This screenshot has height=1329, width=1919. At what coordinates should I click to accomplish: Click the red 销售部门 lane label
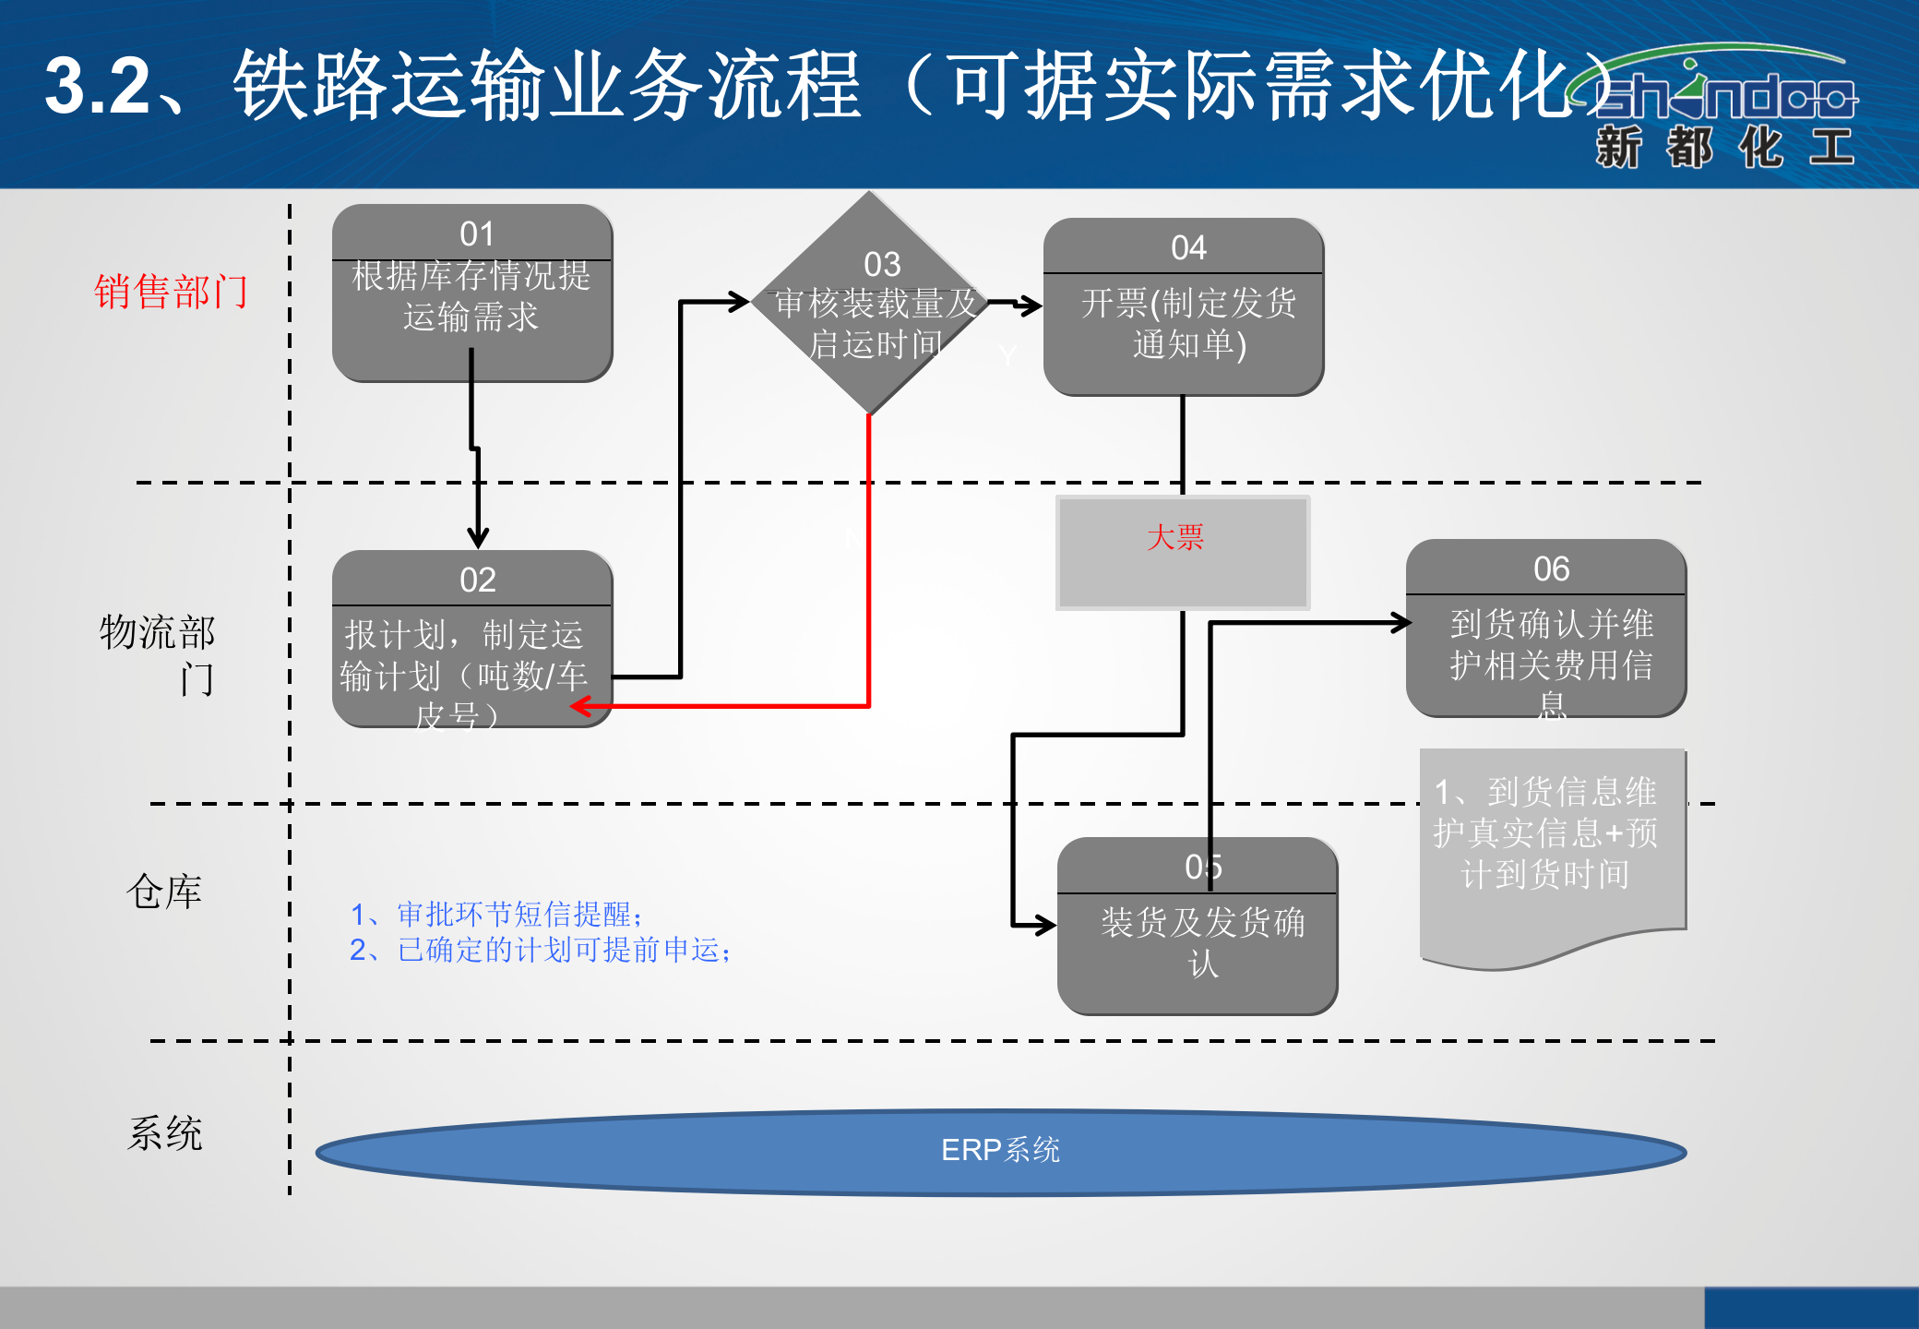point(171,292)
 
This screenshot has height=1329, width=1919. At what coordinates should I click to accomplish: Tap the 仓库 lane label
point(164,892)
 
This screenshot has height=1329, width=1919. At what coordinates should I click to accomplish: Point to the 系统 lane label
point(164,1133)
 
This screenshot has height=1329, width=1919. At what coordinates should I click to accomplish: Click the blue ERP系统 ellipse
point(1000,1151)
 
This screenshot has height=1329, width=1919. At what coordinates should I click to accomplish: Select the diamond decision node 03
point(869,304)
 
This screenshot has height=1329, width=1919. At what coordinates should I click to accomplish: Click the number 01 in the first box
point(476,234)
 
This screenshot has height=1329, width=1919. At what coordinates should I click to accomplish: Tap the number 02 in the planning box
point(477,581)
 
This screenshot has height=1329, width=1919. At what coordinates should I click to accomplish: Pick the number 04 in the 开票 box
point(1188,248)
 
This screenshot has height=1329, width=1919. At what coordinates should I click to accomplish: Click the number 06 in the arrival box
point(1551,569)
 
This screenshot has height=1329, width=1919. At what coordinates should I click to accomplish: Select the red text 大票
point(1175,537)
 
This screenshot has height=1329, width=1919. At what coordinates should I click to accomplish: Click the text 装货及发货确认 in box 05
point(1202,941)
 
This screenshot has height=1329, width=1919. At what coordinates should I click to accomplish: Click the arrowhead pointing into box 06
point(1401,624)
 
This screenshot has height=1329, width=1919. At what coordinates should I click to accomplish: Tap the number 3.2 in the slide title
point(98,86)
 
